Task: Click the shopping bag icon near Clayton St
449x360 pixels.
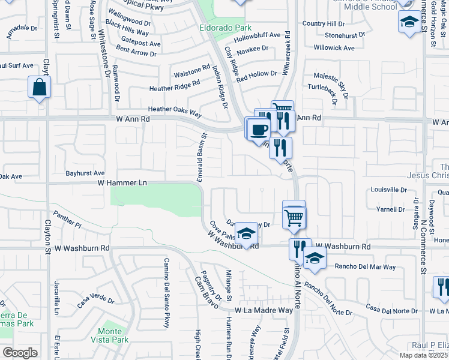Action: point(39,87)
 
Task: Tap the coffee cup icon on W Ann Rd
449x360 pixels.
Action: point(259,129)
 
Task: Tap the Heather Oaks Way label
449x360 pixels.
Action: point(174,110)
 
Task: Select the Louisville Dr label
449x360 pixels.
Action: point(389,190)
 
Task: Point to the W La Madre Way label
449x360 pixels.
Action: point(264,310)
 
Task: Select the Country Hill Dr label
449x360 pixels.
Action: point(324,23)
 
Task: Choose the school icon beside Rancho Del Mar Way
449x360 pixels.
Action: point(314,259)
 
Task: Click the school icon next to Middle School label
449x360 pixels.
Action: point(409,23)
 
